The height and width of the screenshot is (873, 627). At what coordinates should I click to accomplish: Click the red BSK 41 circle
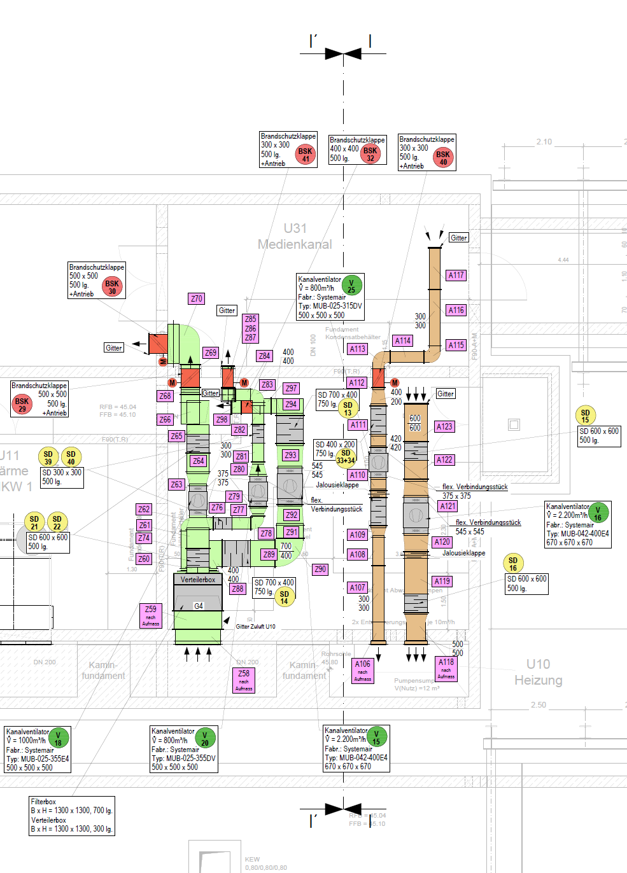pyautogui.click(x=306, y=155)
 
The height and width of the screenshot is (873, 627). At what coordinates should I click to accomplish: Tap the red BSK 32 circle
pyautogui.click(x=370, y=154)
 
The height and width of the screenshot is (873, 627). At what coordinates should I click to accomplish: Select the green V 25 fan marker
pyautogui.click(x=351, y=286)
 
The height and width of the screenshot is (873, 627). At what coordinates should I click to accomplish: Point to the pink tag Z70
pyautogui.click(x=197, y=298)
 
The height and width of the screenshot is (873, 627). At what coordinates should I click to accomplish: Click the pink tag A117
pyautogui.click(x=456, y=276)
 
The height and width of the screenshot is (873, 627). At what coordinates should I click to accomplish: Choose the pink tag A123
pyautogui.click(x=444, y=426)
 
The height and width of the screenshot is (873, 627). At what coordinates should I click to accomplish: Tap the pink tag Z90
pyautogui.click(x=320, y=569)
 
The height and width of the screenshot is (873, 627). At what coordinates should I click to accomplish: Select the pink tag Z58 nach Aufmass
pyautogui.click(x=244, y=680)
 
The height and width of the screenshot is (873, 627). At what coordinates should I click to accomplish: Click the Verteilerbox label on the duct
pyautogui.click(x=198, y=580)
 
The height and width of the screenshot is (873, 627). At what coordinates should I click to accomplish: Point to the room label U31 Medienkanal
pyautogui.click(x=295, y=236)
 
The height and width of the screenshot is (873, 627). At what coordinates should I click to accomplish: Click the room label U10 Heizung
pyautogui.click(x=538, y=672)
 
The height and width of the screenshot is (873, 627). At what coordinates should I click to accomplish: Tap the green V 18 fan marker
pyautogui.click(x=58, y=739)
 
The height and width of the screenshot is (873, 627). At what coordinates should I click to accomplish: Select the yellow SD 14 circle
pyautogui.click(x=284, y=597)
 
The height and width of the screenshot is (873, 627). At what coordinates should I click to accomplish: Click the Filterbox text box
pyautogui.click(x=72, y=815)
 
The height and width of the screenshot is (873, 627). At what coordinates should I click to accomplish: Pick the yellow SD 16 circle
pyautogui.click(x=513, y=564)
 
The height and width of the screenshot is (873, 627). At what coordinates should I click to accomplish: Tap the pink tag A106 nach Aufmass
pyautogui.click(x=363, y=670)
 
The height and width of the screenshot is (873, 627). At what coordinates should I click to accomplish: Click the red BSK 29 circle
pyautogui.click(x=22, y=405)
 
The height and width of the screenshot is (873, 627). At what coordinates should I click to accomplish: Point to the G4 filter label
pyautogui.click(x=199, y=606)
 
